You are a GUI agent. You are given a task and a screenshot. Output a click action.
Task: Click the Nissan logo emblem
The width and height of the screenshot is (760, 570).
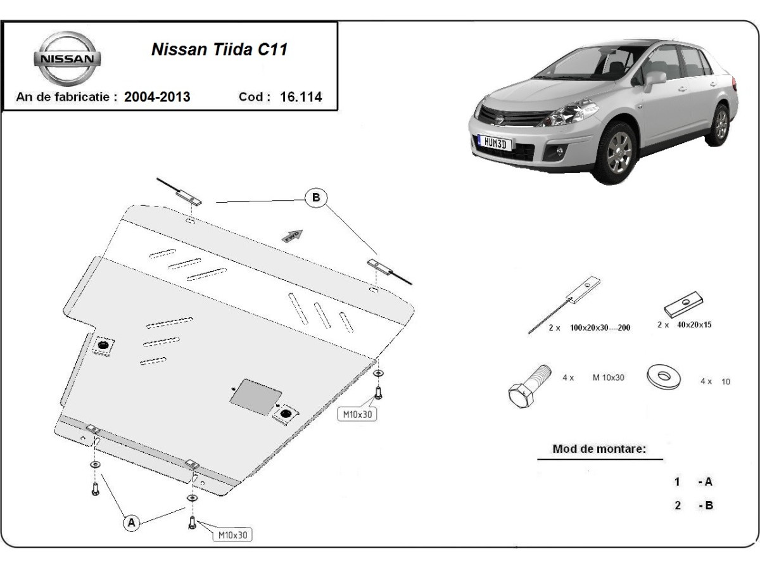tap(67, 58)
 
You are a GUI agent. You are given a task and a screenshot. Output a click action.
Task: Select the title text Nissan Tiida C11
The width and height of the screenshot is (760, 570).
tap(220, 49)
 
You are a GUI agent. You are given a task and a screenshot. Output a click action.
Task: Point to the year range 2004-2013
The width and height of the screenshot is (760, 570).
tap(157, 97)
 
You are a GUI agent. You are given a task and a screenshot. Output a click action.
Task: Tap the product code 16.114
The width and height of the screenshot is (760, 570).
tap(301, 97)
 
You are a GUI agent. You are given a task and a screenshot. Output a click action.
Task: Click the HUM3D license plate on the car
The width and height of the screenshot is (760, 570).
tap(495, 142)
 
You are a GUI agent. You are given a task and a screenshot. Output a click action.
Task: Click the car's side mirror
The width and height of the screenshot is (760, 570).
tap(654, 80)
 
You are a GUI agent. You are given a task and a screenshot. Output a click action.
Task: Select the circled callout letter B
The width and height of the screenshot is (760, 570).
tap(316, 198)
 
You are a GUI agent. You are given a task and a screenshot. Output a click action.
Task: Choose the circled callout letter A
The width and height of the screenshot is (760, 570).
tap(132, 523)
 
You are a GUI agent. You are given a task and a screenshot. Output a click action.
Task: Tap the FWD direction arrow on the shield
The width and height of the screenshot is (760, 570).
tap(293, 236)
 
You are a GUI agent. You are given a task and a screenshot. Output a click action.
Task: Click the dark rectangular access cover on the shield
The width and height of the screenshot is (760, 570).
tap(256, 396)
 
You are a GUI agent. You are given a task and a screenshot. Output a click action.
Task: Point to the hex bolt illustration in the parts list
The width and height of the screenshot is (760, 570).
tap(529, 386)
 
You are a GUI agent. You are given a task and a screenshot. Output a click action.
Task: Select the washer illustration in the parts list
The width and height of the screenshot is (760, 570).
tap(663, 377)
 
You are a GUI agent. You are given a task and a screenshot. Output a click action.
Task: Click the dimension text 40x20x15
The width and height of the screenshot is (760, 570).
tap(694, 325)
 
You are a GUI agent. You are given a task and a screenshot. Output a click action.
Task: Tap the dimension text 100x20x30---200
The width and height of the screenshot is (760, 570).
tap(600, 327)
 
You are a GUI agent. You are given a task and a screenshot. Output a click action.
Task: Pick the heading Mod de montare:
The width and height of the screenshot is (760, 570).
tap(599, 449)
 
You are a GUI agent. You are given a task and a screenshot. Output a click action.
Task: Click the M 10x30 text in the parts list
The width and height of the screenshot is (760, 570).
tap(609, 377)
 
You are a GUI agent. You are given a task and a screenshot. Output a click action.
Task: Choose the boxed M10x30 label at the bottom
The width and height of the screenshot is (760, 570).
tap(232, 535)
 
